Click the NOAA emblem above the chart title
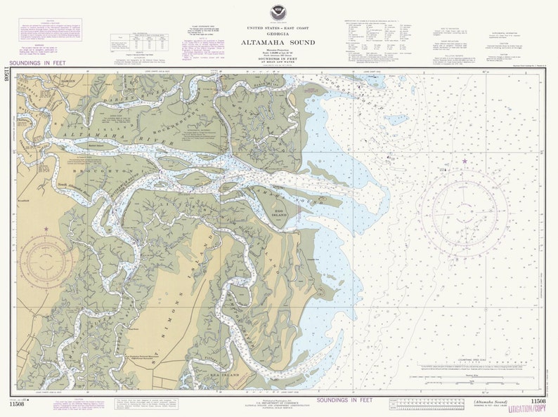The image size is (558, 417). pyautogui.click(x=280, y=12)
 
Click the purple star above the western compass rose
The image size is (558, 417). pyautogui.click(x=46, y=229)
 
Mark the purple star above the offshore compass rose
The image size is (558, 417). pyautogui.click(x=464, y=162)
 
